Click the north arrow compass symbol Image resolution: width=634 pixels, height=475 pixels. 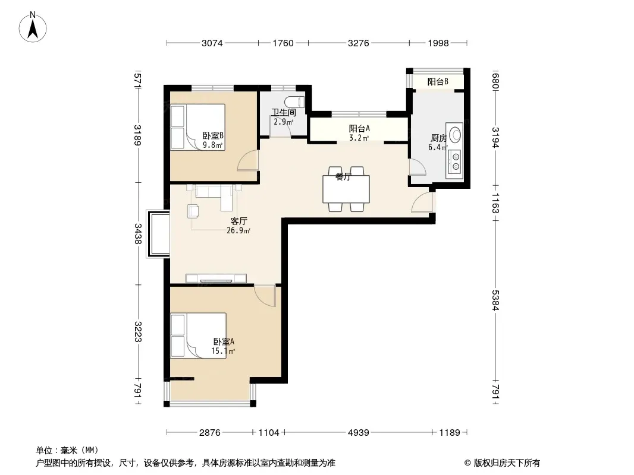tap(33, 27)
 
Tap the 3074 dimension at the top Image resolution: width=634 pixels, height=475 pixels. tap(212, 43)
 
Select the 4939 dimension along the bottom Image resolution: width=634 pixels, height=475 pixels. tap(359, 433)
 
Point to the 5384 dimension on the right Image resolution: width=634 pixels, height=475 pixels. tap(495, 300)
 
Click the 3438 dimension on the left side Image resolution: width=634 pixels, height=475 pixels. tap(139, 234)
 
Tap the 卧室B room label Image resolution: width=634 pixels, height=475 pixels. tap(213, 136)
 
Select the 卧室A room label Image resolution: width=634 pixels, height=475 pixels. tap(224, 342)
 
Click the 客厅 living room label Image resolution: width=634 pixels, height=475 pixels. tap(238, 221)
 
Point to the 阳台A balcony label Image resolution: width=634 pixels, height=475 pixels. tap(359, 129)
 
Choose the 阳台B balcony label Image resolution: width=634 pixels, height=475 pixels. tap(438, 81)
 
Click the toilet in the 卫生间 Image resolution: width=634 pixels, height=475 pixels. tap(294, 102)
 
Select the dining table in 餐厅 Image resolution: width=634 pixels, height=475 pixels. tap(346, 189)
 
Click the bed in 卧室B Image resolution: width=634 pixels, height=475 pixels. tap(197, 127)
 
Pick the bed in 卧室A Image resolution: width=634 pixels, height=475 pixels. tap(199, 336)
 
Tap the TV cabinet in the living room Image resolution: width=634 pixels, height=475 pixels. tap(216, 278)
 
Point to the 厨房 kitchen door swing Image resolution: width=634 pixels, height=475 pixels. tap(418, 167)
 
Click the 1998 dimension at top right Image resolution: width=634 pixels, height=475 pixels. tap(438, 43)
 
